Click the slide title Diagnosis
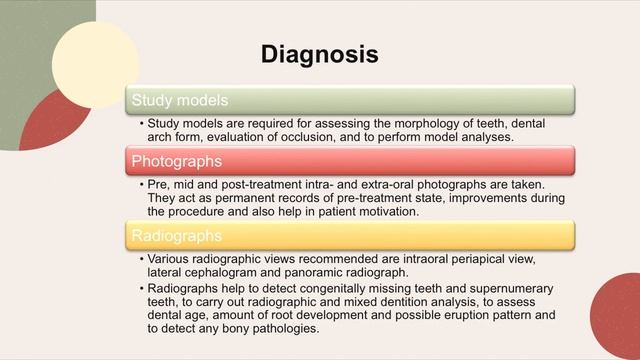click(319, 53)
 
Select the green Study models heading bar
click(350, 101)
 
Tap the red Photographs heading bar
click(350, 160)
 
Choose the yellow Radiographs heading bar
click(350, 235)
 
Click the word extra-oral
click(413, 185)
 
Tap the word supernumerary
click(505, 289)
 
